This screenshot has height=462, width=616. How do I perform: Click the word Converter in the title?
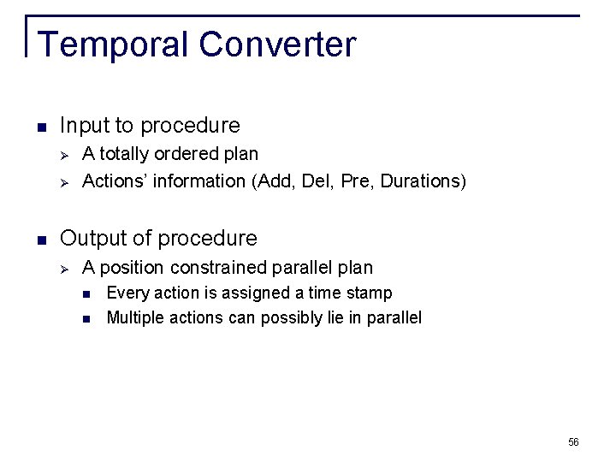click(x=278, y=44)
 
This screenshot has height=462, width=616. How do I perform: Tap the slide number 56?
click(x=573, y=442)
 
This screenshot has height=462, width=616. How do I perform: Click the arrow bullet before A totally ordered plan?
click(x=64, y=155)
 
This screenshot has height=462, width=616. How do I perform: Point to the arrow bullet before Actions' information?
click(x=64, y=181)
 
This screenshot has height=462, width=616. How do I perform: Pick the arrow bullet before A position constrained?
click(x=64, y=268)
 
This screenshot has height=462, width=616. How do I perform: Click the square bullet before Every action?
click(x=87, y=294)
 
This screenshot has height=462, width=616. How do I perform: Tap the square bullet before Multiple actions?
click(x=87, y=319)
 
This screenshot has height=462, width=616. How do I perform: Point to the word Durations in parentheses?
click(x=418, y=181)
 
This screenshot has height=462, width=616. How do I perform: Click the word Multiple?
click(x=134, y=318)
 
